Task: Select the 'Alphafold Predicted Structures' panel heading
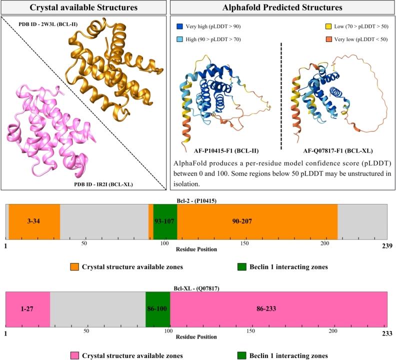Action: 281,7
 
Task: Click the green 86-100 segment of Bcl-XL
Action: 157,309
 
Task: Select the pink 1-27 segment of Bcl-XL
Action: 27,309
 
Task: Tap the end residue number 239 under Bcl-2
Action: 386,246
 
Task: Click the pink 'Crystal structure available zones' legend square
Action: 74,355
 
